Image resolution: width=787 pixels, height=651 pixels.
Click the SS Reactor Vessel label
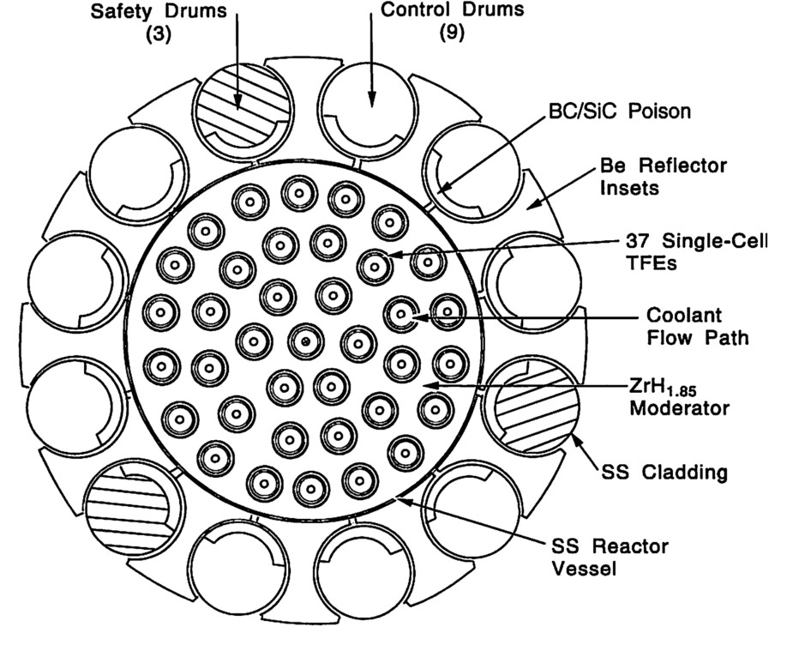pyautogui.click(x=610, y=557)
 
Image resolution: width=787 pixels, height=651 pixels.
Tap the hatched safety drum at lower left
pyautogui.click(x=128, y=508)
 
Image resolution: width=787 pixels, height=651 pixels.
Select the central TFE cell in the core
pyautogui.click(x=304, y=341)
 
